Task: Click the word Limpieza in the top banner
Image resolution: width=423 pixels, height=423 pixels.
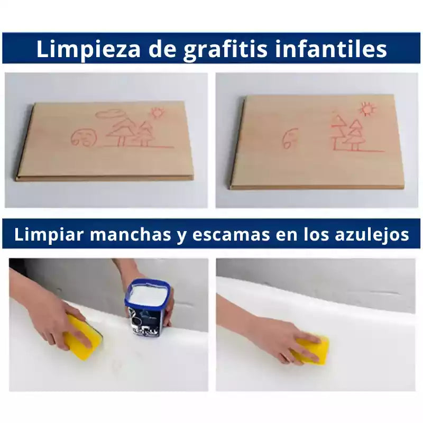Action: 88,49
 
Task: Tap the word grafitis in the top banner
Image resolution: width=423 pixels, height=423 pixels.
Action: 225,49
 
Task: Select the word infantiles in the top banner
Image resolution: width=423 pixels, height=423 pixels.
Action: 332,49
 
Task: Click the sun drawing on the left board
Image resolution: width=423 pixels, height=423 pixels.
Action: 157,113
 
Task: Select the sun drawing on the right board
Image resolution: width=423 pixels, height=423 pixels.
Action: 367,109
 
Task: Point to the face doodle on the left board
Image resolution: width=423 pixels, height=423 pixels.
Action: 84,137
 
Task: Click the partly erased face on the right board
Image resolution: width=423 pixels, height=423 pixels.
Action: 290,138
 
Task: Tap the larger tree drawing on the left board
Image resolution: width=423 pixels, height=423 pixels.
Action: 121,131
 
